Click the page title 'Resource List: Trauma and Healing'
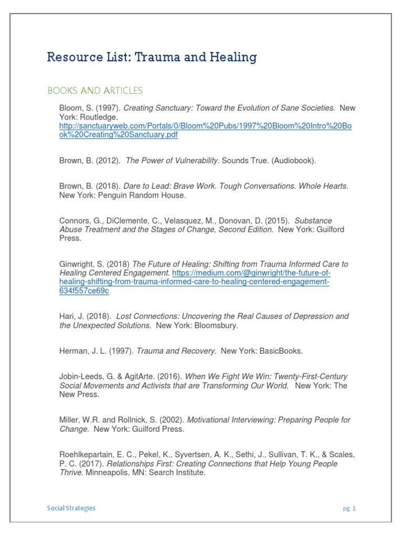pyautogui.click(x=152, y=57)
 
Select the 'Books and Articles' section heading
pyautogui.click(x=94, y=91)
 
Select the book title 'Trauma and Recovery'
pyautogui.click(x=176, y=351)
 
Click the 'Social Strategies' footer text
pyautogui.click(x=71, y=508)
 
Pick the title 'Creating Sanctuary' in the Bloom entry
pyautogui.click(x=156, y=108)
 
